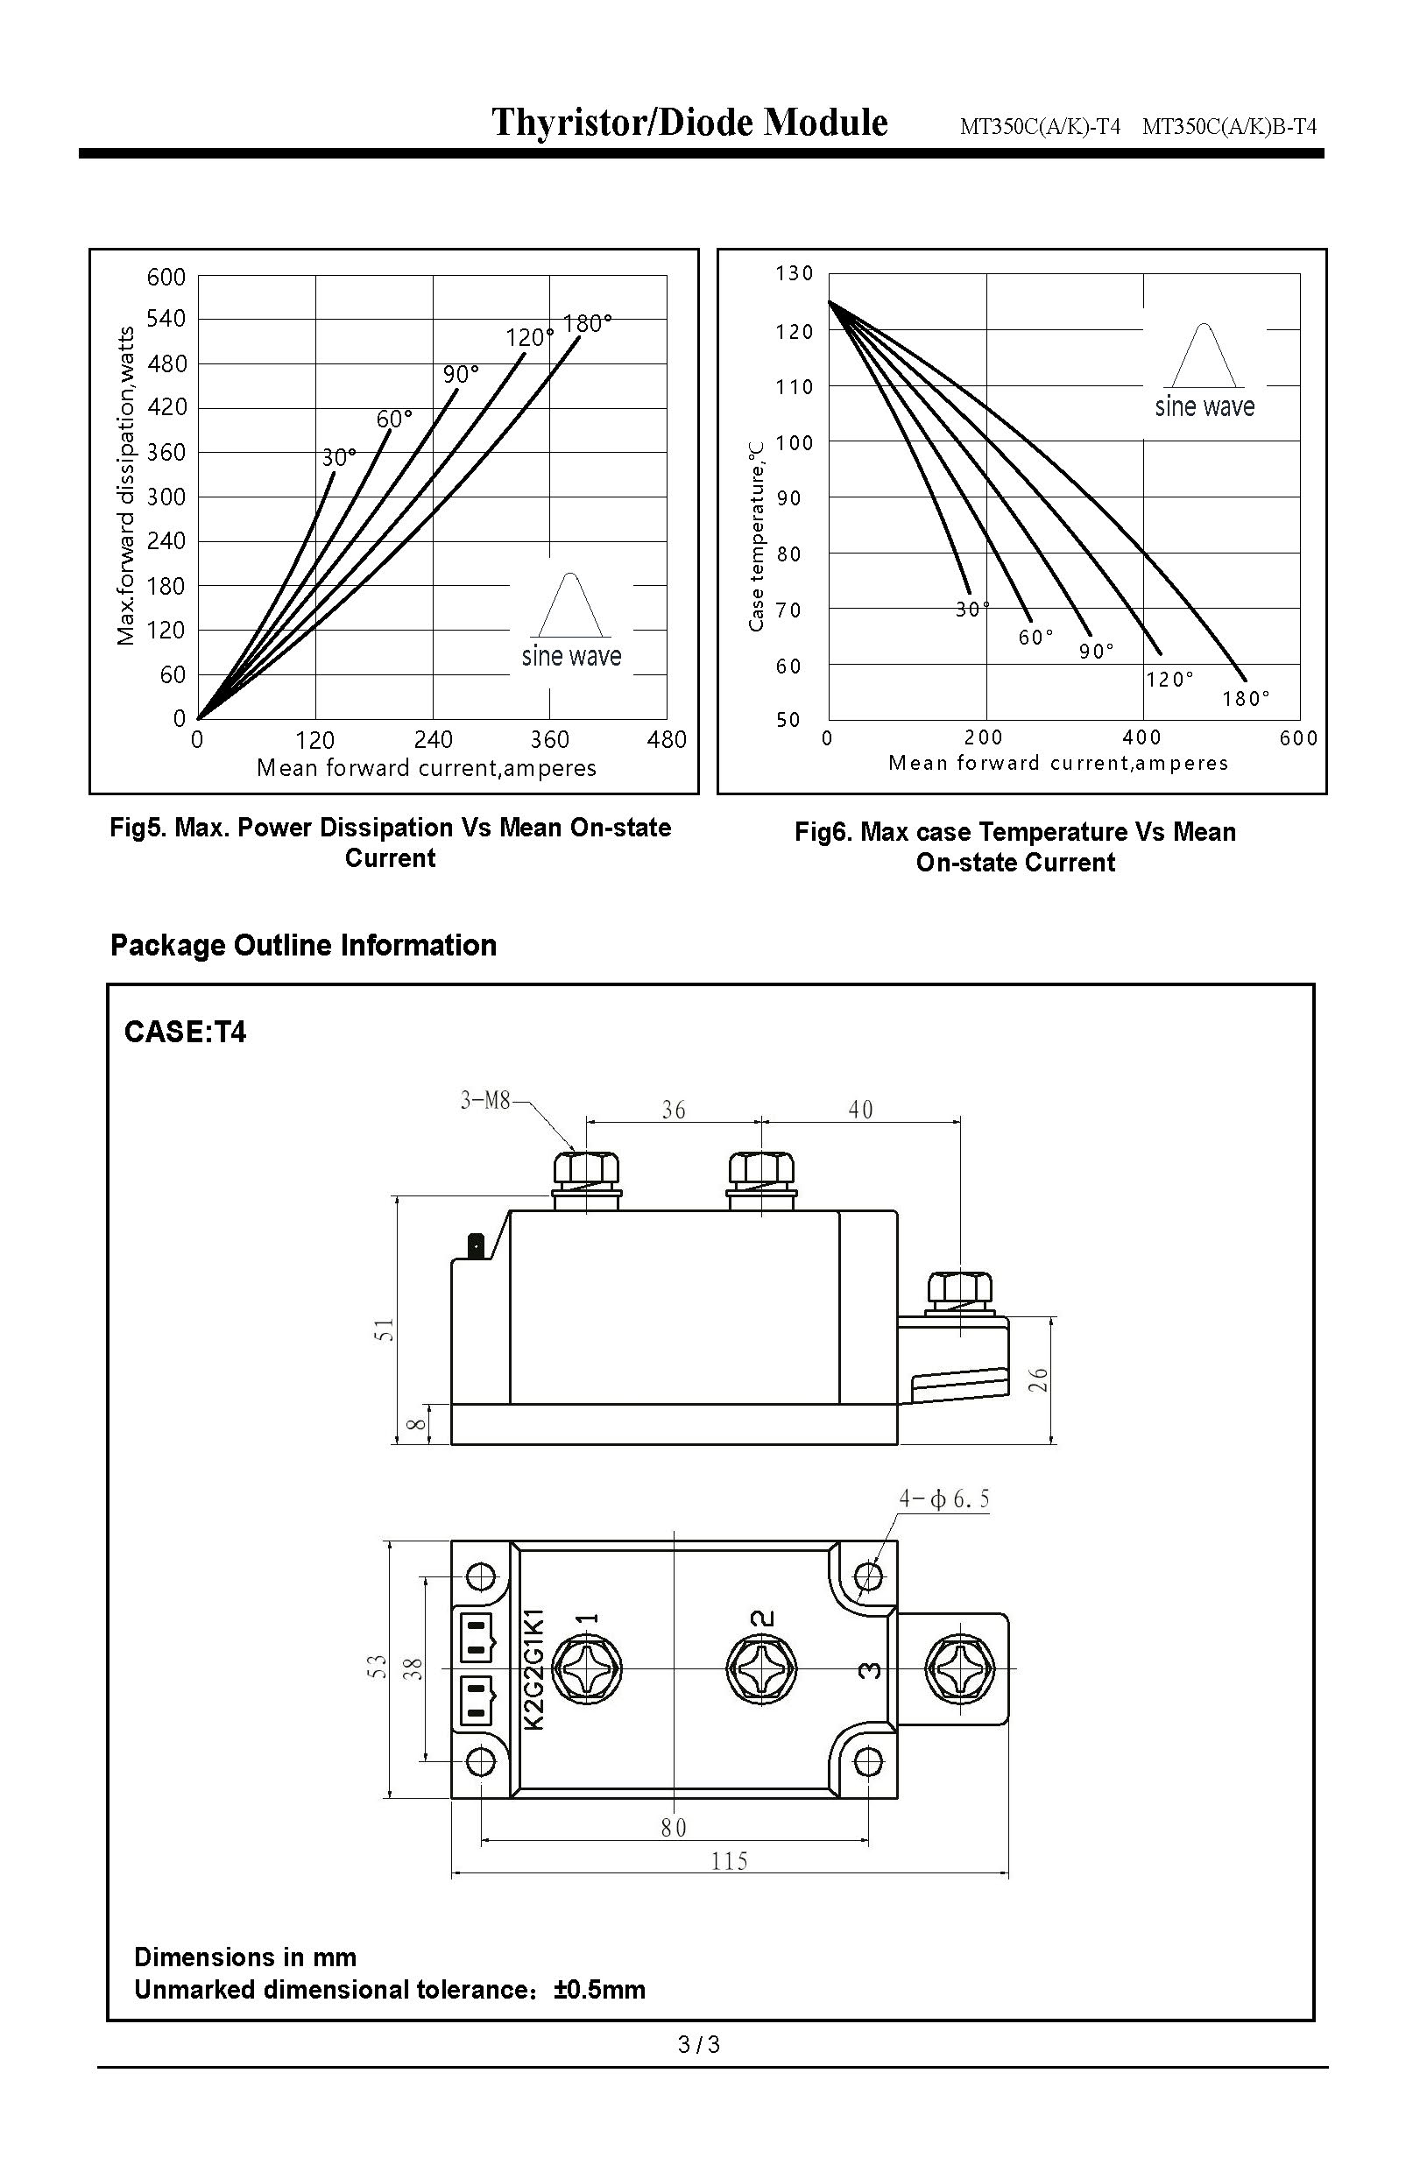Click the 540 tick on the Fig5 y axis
tap(166, 320)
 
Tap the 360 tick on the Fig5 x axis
tap(549, 739)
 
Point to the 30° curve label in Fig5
tap(338, 457)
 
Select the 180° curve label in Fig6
tap(1246, 699)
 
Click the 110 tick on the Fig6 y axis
tap(794, 387)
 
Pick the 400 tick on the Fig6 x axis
tap(1141, 737)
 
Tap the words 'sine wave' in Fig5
tap(571, 656)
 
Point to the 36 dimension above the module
tap(674, 1110)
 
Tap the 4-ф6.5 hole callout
tap(944, 1499)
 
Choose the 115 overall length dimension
tap(729, 1861)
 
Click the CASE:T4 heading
tap(185, 1033)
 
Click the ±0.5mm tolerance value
tap(598, 1990)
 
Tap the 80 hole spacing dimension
tap(674, 1828)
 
